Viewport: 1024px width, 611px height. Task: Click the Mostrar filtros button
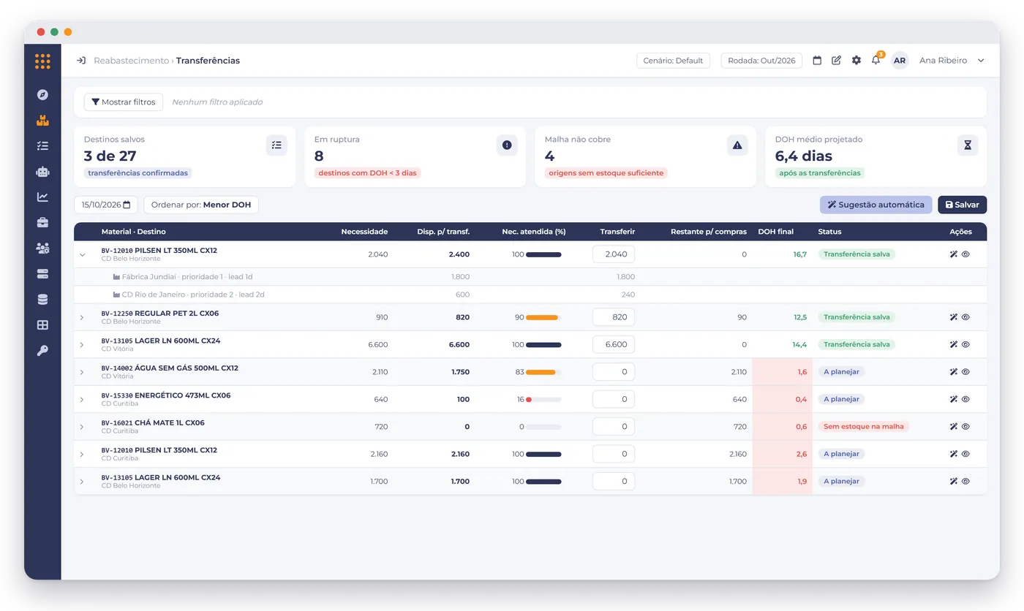click(x=124, y=102)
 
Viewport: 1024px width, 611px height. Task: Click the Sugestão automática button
click(x=876, y=205)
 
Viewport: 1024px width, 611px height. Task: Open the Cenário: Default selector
click(x=673, y=60)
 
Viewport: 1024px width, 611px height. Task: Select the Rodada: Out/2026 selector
click(x=761, y=60)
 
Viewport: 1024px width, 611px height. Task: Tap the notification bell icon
click(x=876, y=60)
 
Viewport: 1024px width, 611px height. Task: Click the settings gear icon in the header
click(x=857, y=60)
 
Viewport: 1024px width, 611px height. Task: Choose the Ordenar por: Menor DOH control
click(x=200, y=205)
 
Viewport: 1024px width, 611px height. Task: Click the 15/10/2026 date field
click(x=105, y=205)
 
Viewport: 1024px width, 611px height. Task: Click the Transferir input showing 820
click(x=614, y=317)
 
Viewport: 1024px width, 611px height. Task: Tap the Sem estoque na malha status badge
click(x=864, y=427)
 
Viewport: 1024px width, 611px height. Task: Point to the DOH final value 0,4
click(x=801, y=399)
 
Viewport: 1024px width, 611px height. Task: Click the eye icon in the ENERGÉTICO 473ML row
click(x=965, y=399)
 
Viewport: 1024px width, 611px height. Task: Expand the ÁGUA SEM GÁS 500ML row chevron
click(x=82, y=372)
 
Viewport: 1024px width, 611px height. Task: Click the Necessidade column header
click(x=364, y=232)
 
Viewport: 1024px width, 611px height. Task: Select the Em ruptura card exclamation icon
click(x=507, y=145)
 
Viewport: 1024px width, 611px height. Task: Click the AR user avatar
click(x=900, y=60)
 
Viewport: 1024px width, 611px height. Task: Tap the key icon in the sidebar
click(x=42, y=350)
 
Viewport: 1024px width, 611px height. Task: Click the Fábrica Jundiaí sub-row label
click(x=187, y=277)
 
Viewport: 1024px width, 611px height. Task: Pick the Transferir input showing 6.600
click(x=614, y=344)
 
